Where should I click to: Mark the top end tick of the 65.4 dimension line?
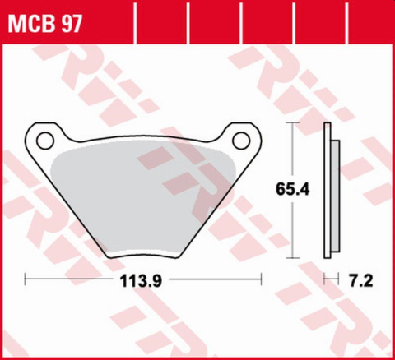point(290,123)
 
